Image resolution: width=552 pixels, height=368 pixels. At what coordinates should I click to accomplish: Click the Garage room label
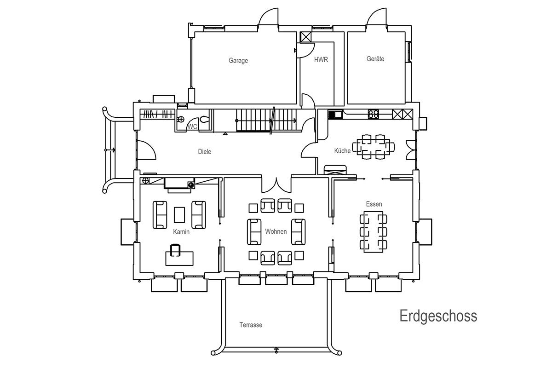pyautogui.click(x=238, y=61)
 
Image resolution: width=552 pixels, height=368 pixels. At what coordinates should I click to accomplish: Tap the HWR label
pyautogui.click(x=321, y=60)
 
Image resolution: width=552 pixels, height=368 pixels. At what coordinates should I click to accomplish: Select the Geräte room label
pyautogui.click(x=375, y=59)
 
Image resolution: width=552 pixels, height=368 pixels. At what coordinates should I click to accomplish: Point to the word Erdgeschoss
pyautogui.click(x=438, y=316)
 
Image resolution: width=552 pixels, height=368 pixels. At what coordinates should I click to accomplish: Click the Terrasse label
pyautogui.click(x=251, y=325)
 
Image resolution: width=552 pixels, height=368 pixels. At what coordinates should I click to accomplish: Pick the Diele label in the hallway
pyautogui.click(x=205, y=152)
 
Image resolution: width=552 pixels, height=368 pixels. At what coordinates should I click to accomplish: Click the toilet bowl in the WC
pyautogui.click(x=204, y=120)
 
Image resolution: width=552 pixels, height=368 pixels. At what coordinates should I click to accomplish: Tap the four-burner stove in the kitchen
pyautogui.click(x=374, y=115)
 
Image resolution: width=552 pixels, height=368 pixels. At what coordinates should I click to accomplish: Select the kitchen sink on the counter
pyautogui.click(x=335, y=115)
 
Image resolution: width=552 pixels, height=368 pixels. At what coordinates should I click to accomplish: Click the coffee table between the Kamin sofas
pyautogui.click(x=179, y=215)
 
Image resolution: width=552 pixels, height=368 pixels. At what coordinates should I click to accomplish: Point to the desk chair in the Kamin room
pyautogui.click(x=175, y=250)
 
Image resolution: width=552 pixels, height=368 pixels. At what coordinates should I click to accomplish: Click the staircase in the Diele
pyautogui.click(x=266, y=120)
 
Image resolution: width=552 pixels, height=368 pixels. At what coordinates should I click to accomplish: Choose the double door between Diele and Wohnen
pyautogui.click(x=276, y=184)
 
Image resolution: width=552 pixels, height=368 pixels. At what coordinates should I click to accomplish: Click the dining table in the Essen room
pyautogui.click(x=374, y=232)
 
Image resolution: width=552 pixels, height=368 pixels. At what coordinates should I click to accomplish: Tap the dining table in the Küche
pyautogui.click(x=374, y=147)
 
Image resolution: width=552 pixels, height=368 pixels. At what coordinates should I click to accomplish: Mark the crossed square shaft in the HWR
pyautogui.click(x=306, y=37)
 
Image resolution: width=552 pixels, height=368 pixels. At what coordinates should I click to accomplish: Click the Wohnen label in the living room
pyautogui.click(x=276, y=231)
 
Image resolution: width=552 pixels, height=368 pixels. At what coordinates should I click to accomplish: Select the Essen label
pyautogui.click(x=374, y=204)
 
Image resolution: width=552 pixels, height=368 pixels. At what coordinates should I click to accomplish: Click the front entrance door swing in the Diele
pyautogui.click(x=146, y=150)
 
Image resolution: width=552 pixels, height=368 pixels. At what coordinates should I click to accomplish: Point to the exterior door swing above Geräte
pyautogui.click(x=376, y=17)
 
